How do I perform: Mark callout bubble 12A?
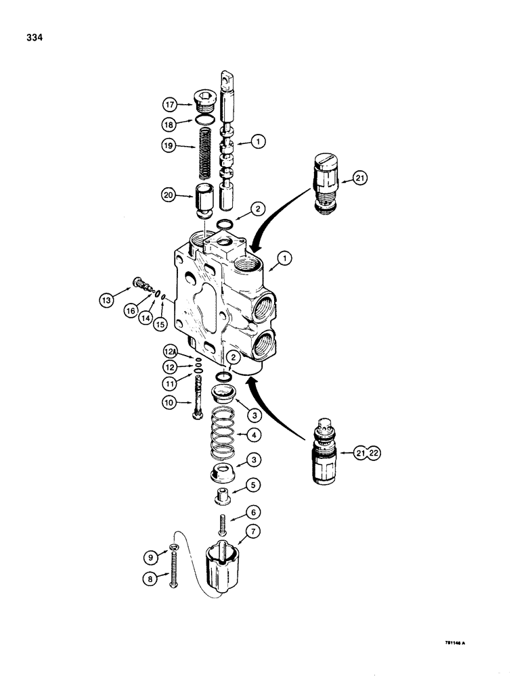coord(171,352)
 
